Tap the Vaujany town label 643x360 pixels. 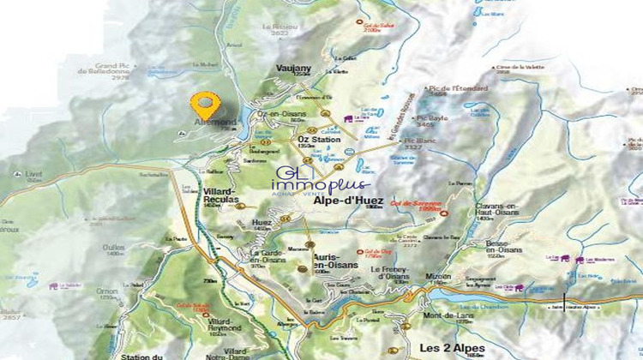293,69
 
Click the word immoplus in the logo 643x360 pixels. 320,183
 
